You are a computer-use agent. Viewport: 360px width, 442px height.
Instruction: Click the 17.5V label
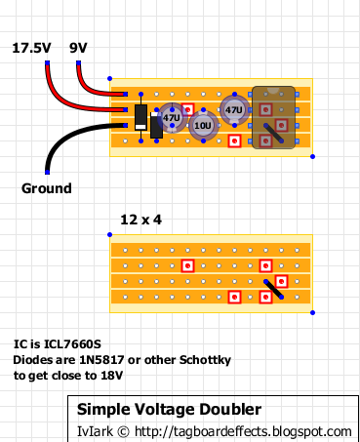(x=31, y=48)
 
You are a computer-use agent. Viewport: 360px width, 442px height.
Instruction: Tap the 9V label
(x=78, y=48)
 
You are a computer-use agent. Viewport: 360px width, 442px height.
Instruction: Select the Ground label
(x=47, y=188)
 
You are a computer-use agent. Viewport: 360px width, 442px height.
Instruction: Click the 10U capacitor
(x=204, y=125)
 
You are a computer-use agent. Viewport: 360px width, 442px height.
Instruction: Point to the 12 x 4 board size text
(x=140, y=220)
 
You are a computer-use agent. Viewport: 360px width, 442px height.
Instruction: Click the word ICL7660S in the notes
(x=72, y=344)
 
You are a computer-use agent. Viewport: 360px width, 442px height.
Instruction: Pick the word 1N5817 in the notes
(x=101, y=360)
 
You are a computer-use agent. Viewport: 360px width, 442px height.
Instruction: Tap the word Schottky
(x=205, y=360)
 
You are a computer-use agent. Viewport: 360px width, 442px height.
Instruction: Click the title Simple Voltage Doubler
(x=169, y=409)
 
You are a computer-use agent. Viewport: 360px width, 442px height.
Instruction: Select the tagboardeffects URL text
(x=243, y=431)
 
